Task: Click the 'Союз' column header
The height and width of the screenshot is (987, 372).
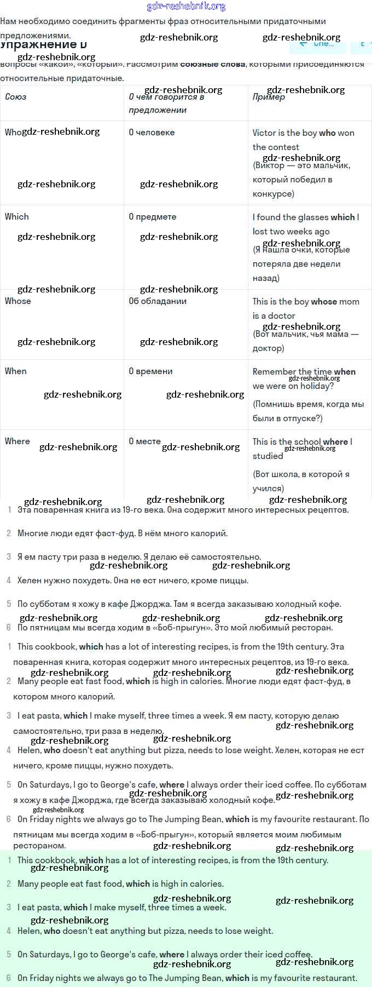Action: [15, 97]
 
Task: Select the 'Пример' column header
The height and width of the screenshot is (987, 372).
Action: [269, 97]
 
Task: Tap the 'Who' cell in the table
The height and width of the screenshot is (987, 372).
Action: [13, 132]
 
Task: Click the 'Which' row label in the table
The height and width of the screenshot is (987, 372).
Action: [17, 216]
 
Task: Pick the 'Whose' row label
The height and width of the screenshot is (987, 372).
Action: [18, 301]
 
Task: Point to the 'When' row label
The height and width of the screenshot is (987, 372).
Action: [16, 371]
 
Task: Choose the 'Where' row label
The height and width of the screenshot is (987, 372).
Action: [18, 441]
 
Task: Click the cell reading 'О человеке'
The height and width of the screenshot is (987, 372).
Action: [152, 132]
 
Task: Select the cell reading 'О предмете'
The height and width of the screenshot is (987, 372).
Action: [152, 216]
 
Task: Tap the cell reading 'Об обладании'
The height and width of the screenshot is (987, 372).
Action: [158, 301]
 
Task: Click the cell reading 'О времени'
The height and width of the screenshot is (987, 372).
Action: [150, 371]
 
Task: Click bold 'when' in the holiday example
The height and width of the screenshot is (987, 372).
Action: [345, 371]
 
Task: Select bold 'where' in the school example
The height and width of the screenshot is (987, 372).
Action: [335, 441]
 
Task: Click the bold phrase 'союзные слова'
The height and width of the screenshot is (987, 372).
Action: [213, 64]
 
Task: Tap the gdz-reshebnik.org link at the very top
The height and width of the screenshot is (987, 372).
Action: [186, 6]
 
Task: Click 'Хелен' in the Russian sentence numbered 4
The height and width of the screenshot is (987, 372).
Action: [29, 580]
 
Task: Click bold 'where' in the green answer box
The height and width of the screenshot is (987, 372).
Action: [172, 954]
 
